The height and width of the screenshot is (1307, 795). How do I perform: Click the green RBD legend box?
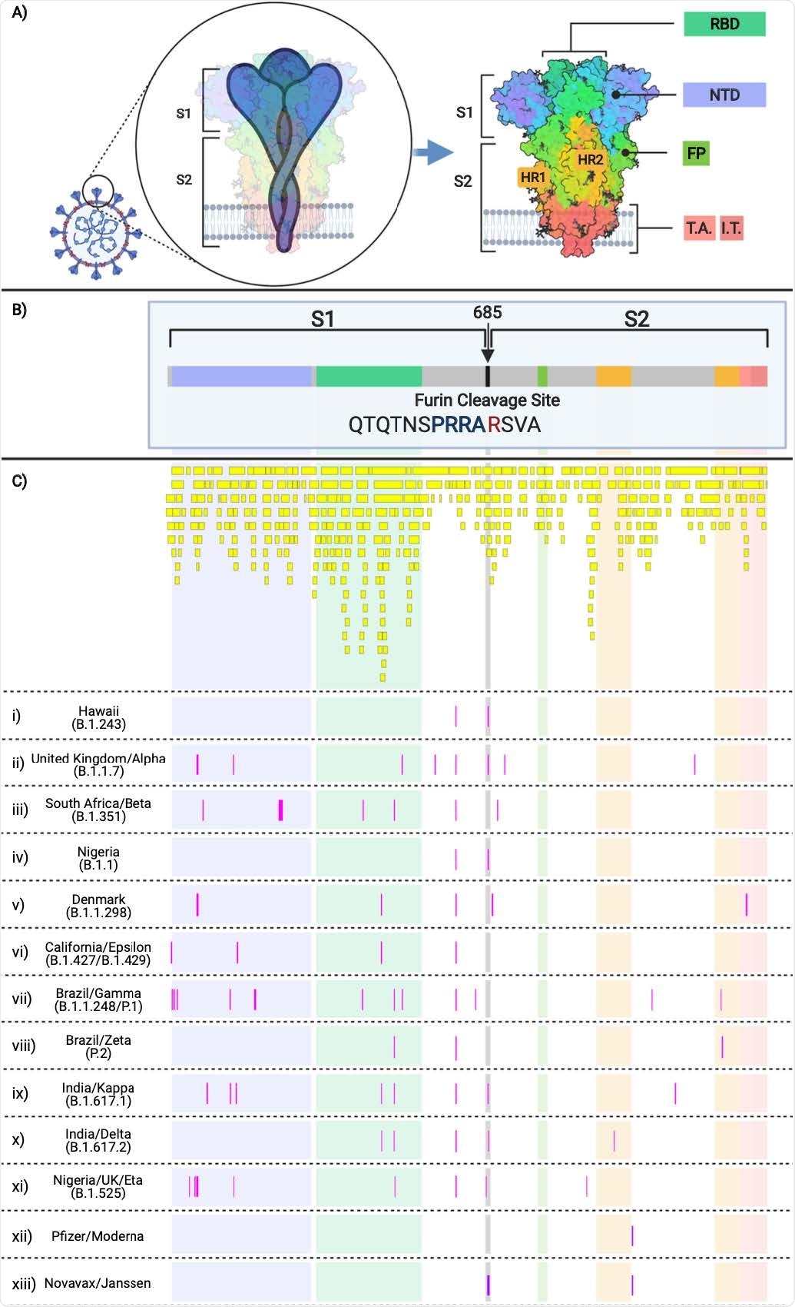(x=724, y=25)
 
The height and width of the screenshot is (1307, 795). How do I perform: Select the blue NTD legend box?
(x=724, y=95)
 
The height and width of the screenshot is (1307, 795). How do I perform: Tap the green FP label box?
(x=696, y=153)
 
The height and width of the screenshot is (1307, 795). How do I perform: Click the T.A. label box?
(x=699, y=228)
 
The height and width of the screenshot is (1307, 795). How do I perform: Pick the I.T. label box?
(x=731, y=228)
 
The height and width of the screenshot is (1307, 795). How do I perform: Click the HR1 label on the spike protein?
(x=532, y=178)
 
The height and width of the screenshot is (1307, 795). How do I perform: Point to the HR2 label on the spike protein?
(x=590, y=160)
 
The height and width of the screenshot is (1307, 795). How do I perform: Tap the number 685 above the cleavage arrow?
(x=487, y=312)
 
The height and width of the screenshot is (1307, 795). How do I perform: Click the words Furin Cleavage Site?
(x=487, y=400)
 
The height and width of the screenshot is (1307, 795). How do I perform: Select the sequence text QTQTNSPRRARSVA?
(x=445, y=424)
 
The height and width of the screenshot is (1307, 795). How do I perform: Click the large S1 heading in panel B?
(x=322, y=319)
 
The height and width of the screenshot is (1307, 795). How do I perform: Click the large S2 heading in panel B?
(x=636, y=319)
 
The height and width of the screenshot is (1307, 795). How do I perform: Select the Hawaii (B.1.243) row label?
(x=98, y=717)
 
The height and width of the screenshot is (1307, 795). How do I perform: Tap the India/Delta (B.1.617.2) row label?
(x=98, y=1140)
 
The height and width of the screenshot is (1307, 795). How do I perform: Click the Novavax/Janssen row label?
(x=98, y=1283)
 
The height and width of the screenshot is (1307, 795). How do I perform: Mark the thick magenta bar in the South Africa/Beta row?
(x=280, y=810)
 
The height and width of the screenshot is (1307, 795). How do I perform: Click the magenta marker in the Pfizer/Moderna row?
(x=632, y=1235)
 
